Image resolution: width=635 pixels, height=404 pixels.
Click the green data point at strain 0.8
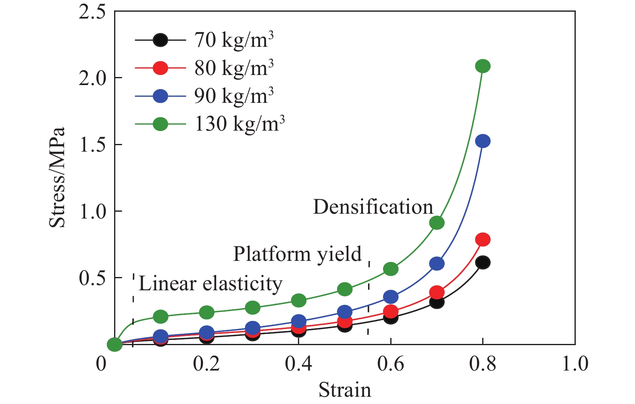(x=483, y=66)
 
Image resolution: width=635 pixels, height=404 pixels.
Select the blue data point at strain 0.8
(x=483, y=141)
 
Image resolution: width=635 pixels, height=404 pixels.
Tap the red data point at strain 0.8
(x=483, y=239)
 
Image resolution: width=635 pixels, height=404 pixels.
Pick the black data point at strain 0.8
(x=483, y=263)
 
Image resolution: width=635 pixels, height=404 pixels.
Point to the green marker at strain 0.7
(x=437, y=223)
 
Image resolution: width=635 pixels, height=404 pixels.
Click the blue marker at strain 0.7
(x=437, y=264)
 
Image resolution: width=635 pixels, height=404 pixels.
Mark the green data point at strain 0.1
(x=160, y=317)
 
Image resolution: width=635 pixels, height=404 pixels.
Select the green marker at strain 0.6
(x=391, y=269)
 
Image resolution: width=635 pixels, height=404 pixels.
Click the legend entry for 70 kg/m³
(x=234, y=40)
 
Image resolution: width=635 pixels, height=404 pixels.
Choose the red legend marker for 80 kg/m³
(x=160, y=68)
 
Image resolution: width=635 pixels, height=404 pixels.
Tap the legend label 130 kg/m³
(x=239, y=124)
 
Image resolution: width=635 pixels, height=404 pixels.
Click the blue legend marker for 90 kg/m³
(x=160, y=96)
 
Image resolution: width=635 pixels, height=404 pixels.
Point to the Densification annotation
(x=373, y=207)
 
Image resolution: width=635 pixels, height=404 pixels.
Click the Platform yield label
(x=298, y=254)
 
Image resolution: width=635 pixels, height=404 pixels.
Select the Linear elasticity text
(x=210, y=283)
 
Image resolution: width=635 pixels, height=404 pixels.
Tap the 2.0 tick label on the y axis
(x=92, y=78)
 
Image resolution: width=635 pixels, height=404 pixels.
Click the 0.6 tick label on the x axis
(x=390, y=364)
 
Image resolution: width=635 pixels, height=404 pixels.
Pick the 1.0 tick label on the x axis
(x=575, y=364)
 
